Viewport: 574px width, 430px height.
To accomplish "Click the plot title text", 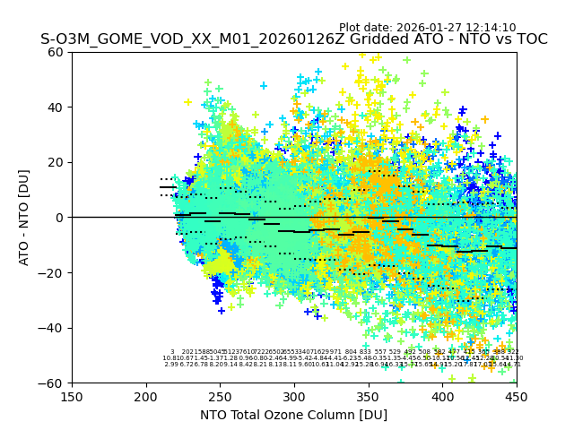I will (293, 40).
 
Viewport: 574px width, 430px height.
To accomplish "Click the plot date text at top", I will (427, 28).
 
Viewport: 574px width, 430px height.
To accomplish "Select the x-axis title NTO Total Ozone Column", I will (293, 415).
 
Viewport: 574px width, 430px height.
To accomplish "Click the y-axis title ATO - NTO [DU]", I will (24, 218).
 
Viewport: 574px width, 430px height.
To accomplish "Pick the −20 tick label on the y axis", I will (53, 272).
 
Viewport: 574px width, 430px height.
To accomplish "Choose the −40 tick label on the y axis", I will (53, 328).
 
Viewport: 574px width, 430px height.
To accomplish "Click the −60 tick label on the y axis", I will (53, 383).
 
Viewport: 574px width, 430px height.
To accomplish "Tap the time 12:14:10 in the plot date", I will (489, 28).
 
